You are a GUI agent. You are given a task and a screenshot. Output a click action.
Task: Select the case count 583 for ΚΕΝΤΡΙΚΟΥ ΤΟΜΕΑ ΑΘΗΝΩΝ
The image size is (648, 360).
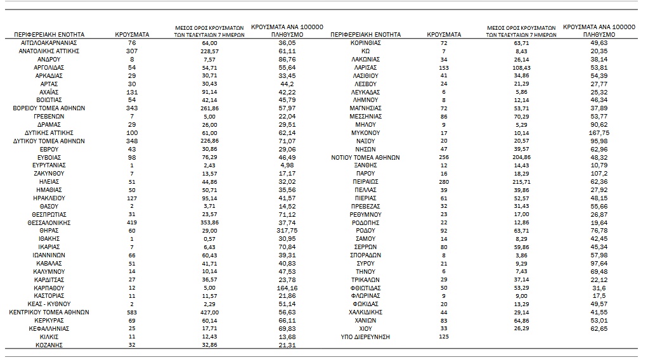tap(132, 312)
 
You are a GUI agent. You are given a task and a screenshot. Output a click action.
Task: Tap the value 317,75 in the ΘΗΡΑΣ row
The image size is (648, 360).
tap(287, 231)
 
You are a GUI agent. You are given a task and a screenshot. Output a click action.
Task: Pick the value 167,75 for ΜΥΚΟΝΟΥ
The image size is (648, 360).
tap(598, 133)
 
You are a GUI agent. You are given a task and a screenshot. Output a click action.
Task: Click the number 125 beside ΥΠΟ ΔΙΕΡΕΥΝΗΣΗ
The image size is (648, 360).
tap(444, 337)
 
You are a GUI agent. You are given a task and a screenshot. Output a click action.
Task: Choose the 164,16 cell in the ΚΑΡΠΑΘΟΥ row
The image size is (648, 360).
tap(287, 288)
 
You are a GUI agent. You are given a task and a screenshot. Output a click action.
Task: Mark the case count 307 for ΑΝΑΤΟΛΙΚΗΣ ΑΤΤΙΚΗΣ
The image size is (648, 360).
tap(132, 51)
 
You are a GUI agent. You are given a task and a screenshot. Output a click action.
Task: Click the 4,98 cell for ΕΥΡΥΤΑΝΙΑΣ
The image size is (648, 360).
tap(287, 165)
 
